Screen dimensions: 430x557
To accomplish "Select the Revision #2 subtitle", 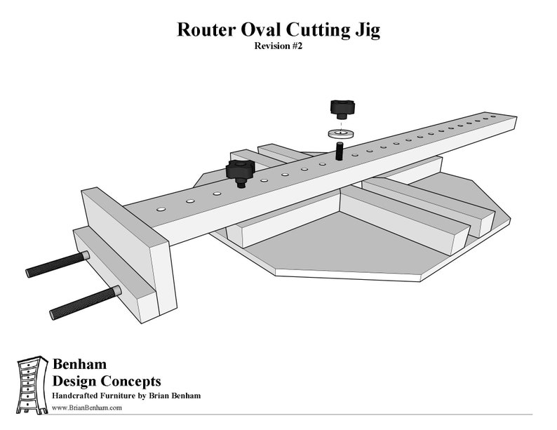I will click(278, 48).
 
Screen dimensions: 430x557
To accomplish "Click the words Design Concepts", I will click(107, 382).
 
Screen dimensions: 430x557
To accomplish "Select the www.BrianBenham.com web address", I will click(87, 408).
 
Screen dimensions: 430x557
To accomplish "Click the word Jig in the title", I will click(366, 30).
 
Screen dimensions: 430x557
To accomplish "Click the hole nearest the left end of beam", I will click(161, 209).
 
